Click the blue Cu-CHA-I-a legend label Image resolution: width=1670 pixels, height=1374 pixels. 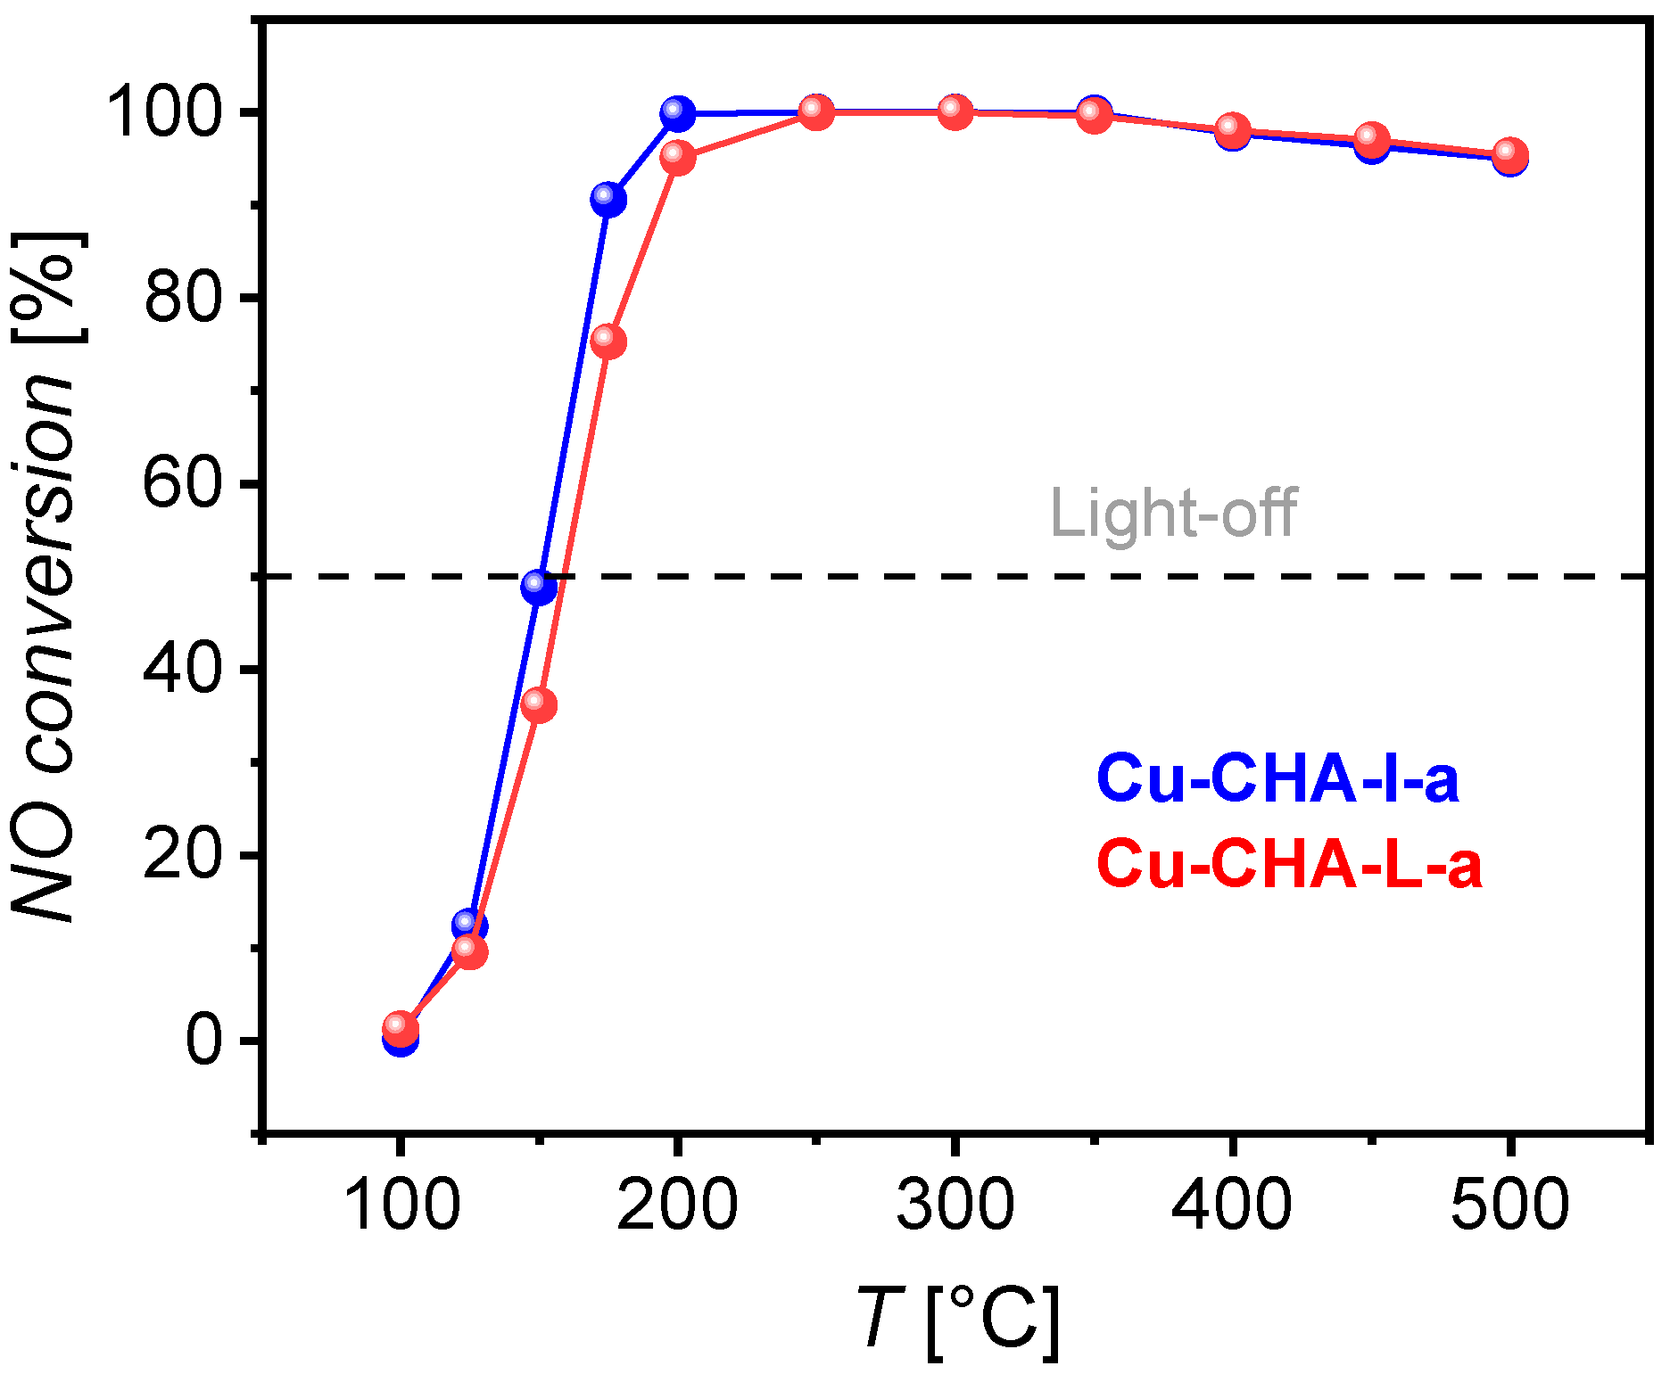point(1277,779)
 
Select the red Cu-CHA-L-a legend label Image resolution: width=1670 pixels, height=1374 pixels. point(1289,864)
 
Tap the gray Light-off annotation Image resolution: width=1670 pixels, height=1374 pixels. point(1173,514)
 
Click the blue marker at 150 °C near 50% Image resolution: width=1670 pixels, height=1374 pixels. point(538,586)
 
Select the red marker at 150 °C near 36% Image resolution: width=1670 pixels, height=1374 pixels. point(538,704)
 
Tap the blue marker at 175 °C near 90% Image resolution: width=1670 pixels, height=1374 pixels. point(608,199)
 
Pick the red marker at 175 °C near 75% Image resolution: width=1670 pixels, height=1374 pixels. point(608,341)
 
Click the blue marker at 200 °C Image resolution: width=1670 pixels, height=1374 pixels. point(677,113)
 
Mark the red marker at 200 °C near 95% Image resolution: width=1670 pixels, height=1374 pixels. point(677,158)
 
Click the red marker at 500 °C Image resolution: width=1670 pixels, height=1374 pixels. point(1509,155)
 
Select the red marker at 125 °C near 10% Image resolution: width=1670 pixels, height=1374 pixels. point(469,950)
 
